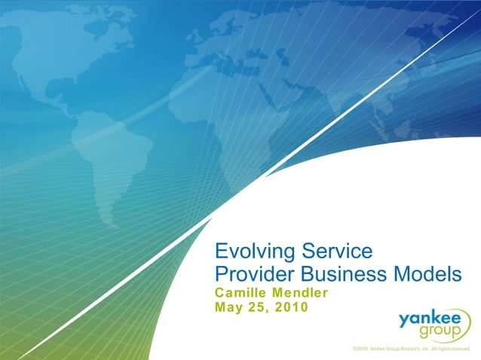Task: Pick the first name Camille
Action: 243,293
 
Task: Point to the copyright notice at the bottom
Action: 411,349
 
